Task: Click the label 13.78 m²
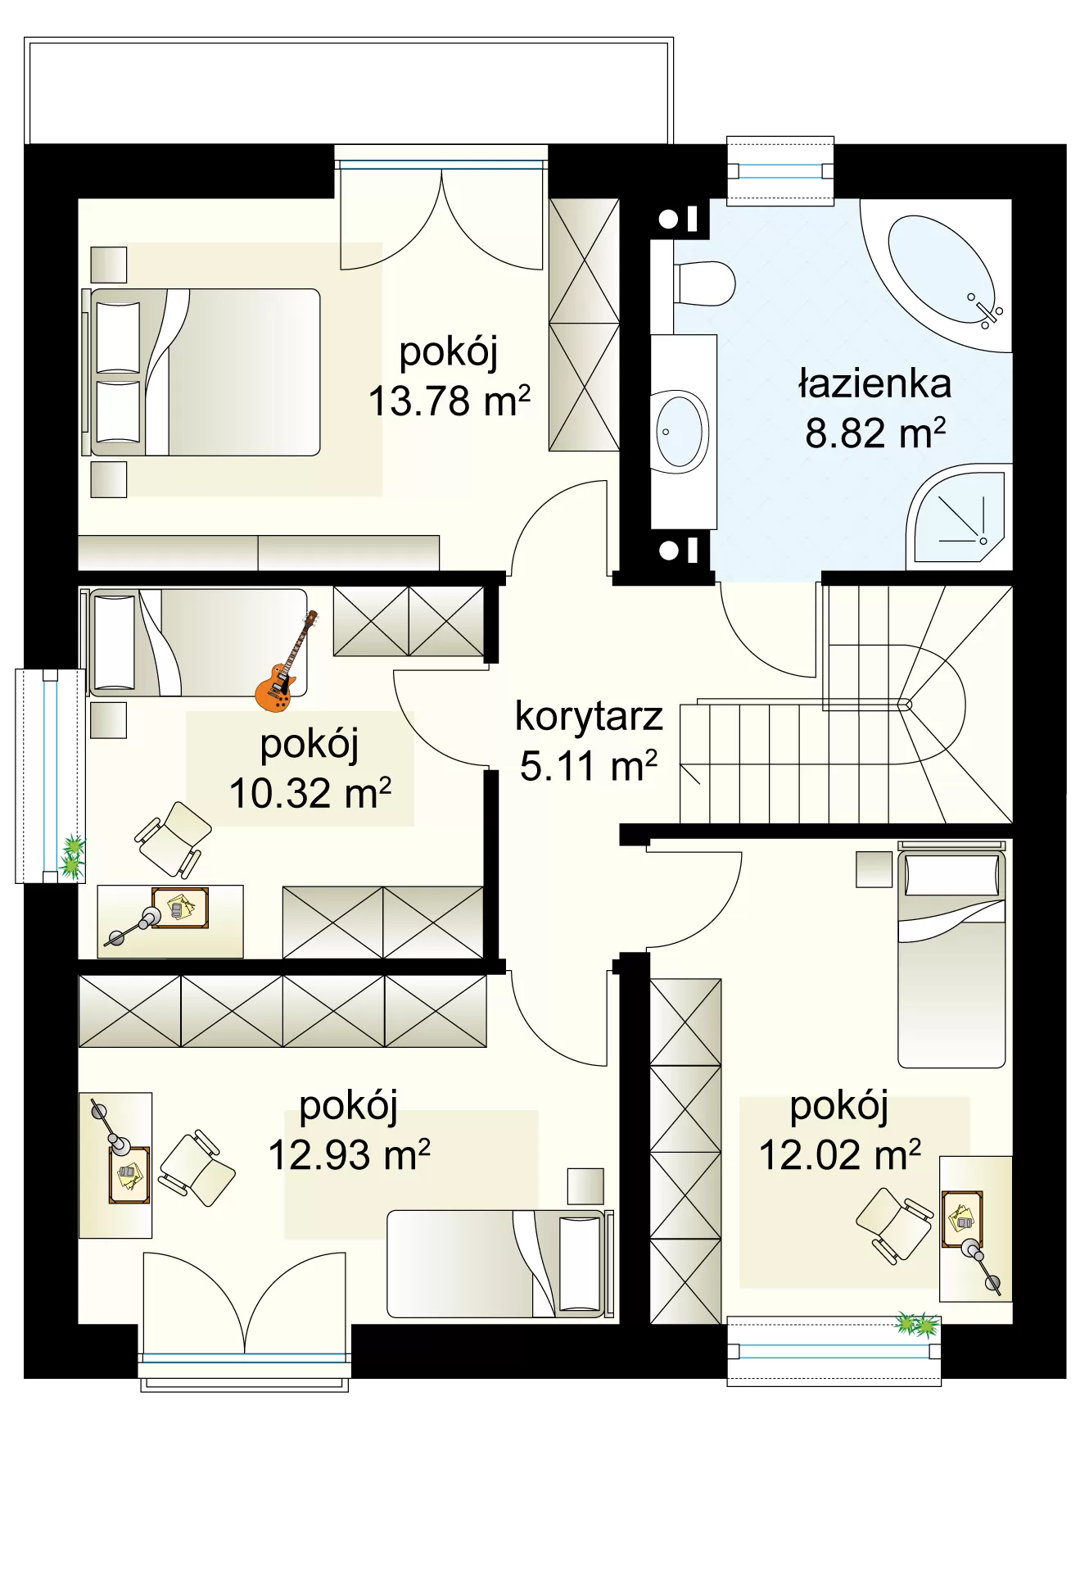[450, 401]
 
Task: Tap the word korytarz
[589, 716]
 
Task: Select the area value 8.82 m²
[875, 433]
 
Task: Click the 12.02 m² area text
[839, 1155]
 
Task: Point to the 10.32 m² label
[310, 793]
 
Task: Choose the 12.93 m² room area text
[349, 1155]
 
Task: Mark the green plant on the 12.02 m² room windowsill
[917, 1323]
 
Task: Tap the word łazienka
[875, 383]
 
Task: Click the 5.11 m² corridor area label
[589, 766]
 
